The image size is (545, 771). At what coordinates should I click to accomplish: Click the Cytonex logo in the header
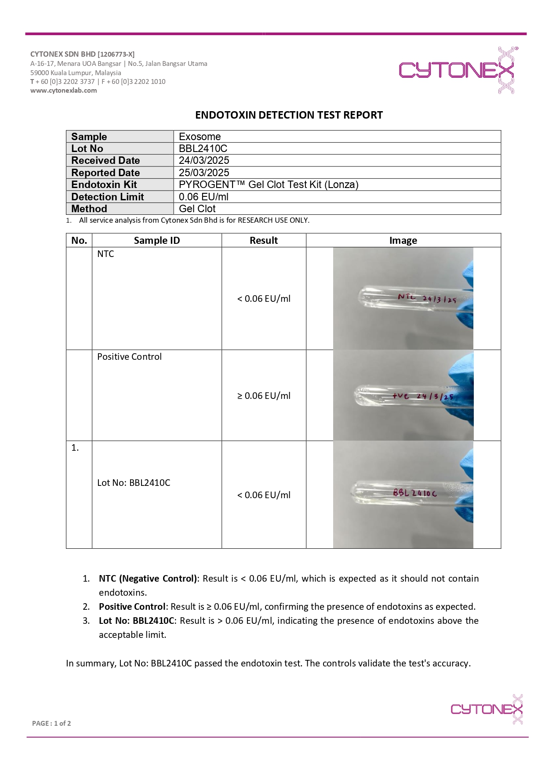pos(457,70)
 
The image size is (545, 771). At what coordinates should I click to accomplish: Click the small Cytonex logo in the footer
pos(487,709)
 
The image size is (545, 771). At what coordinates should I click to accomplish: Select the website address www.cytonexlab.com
pos(63,90)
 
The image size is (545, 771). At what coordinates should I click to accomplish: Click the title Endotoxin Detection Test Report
pos(289,115)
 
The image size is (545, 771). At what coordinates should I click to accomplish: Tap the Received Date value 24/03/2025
pos(204,160)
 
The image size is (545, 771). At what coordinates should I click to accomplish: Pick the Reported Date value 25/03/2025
pos(204,173)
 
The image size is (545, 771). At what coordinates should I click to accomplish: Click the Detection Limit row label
pos(108,197)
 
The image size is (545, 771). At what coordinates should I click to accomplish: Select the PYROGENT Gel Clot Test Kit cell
pos(269,185)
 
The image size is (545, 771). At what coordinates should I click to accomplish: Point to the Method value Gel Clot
pos(197,209)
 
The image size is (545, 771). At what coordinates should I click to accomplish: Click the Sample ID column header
pos(157,240)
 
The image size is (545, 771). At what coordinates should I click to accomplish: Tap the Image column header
pos(403,240)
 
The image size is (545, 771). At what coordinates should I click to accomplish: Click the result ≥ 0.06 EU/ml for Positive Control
pos(264,396)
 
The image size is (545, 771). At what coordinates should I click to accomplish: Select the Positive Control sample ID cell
pos(129,357)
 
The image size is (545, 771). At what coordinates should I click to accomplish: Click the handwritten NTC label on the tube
pos(407,297)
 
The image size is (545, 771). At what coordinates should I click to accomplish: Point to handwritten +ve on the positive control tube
pos(400,396)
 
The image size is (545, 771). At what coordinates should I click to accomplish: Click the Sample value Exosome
pos(200,137)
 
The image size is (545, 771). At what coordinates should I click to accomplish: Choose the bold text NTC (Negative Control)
pos(148,579)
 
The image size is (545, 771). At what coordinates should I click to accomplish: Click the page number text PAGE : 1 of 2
pos(51,723)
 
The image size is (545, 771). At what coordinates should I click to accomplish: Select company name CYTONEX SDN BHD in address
pos(63,54)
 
